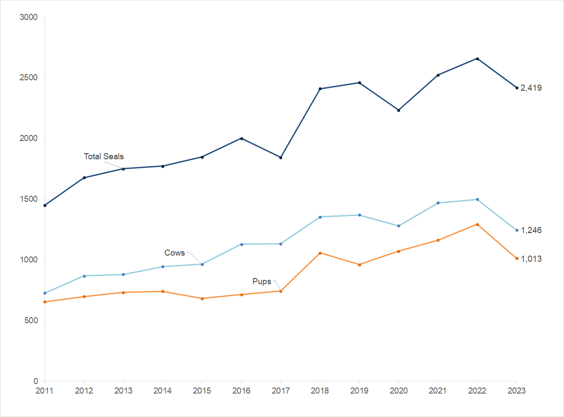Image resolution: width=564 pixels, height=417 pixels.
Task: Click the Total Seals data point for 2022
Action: click(x=477, y=59)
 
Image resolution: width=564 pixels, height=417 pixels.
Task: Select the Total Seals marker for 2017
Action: click(x=281, y=158)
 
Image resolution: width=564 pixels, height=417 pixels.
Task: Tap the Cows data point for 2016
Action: click(x=241, y=244)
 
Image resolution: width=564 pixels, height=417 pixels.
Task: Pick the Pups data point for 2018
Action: click(x=320, y=253)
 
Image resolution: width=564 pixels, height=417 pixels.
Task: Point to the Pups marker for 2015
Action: click(x=202, y=299)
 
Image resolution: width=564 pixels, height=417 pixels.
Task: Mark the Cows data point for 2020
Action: click(x=399, y=226)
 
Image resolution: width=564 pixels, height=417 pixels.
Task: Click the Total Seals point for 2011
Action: click(x=45, y=205)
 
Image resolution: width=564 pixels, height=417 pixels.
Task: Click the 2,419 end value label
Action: click(x=531, y=88)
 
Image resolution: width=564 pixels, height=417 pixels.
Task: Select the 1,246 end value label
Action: click(x=531, y=230)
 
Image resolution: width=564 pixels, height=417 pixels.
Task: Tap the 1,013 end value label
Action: click(x=531, y=259)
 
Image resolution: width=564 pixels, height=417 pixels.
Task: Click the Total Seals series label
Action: click(x=104, y=156)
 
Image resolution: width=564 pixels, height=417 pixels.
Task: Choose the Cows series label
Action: click(x=175, y=253)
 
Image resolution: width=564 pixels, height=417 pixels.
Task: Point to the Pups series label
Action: click(x=262, y=281)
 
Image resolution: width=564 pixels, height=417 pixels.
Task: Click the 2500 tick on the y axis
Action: click(x=29, y=78)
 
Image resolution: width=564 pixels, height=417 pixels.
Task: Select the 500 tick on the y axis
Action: click(x=31, y=320)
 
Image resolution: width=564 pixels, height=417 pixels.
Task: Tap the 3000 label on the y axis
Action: click(x=29, y=17)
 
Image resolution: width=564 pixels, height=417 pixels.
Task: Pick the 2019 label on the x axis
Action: click(x=359, y=391)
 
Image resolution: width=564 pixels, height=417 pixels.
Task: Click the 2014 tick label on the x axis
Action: click(x=163, y=391)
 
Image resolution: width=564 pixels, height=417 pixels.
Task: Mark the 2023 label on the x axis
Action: click(x=516, y=391)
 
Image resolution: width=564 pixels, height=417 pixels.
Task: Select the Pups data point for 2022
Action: click(x=477, y=224)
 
